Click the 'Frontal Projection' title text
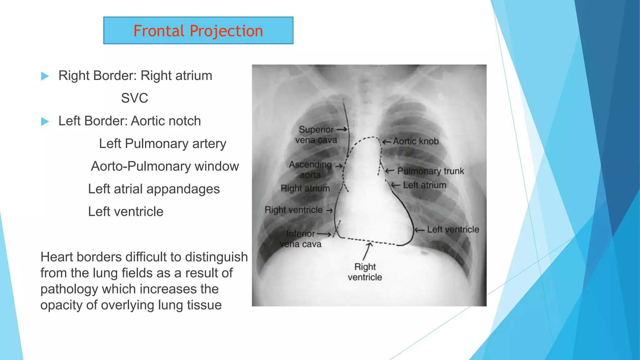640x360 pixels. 198,31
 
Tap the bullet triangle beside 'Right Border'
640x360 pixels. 45,76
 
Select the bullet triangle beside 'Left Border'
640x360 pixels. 45,121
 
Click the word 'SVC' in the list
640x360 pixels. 134,98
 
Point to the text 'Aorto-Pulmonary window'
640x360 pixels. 165,166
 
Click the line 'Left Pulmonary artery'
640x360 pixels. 162,144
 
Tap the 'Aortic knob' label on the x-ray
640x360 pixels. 416,142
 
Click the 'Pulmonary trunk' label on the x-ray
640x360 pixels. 430,171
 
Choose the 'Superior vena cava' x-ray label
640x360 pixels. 316,135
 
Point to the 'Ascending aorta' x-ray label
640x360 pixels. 310,169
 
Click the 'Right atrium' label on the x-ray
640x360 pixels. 305,188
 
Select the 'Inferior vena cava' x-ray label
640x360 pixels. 301,239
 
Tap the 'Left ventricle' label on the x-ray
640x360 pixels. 453,230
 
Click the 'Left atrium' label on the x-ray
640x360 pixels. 424,185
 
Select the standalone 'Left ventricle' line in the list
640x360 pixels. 126,212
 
